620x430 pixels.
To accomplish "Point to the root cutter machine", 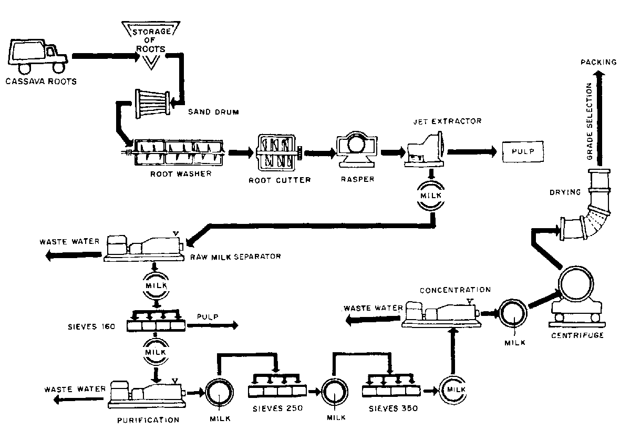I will pyautogui.click(x=277, y=152).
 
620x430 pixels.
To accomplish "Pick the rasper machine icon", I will pyautogui.click(x=356, y=151).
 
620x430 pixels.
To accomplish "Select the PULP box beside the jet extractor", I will pyautogui.click(x=523, y=152).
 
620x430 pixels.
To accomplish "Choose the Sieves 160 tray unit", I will pyautogui.click(x=157, y=323).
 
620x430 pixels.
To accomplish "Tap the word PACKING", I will pyautogui.click(x=598, y=63).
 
